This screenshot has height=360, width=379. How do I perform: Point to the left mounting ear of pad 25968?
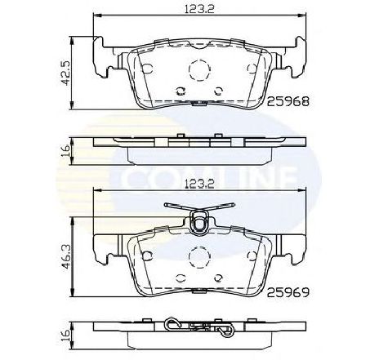104,61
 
